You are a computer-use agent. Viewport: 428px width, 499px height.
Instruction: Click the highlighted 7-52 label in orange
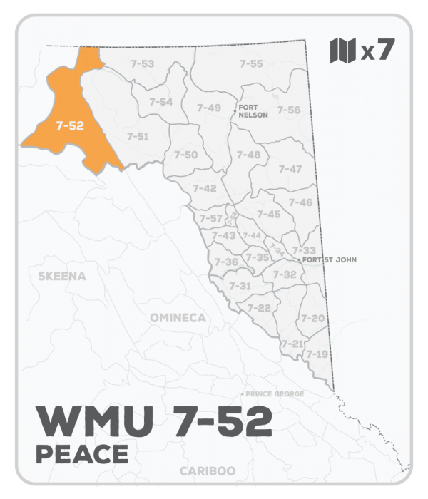click(70, 125)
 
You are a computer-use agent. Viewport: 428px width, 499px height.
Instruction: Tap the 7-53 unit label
click(143, 64)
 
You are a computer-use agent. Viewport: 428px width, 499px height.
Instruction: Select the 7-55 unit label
click(251, 64)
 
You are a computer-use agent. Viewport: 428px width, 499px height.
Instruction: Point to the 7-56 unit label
click(289, 110)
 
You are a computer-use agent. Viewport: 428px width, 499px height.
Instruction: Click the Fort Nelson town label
click(253, 110)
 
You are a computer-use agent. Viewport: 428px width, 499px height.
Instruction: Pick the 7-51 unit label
click(137, 136)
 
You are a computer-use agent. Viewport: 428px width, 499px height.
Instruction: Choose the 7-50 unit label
click(186, 155)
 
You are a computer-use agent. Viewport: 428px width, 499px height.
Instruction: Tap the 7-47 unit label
click(290, 169)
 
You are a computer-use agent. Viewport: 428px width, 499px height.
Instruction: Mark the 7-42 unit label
click(205, 188)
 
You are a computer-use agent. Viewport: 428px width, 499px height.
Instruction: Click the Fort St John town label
click(329, 260)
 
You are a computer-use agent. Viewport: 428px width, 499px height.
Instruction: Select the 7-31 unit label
click(240, 286)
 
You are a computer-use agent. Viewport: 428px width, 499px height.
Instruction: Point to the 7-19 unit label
click(316, 354)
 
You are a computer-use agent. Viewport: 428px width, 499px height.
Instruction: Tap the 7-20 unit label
click(312, 318)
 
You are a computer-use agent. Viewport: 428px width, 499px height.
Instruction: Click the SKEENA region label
click(61, 276)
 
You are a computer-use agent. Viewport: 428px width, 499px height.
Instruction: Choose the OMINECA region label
click(178, 317)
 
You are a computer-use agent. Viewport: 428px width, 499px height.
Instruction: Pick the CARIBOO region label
click(207, 471)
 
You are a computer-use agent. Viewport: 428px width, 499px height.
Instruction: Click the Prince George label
click(275, 394)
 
